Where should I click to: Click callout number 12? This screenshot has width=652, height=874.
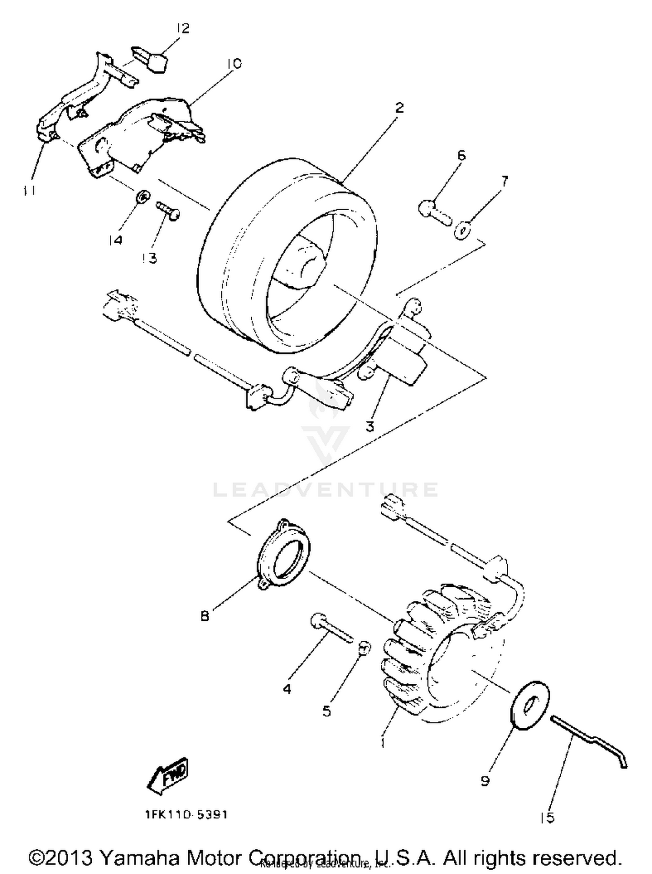183,29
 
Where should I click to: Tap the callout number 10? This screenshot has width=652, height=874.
233,64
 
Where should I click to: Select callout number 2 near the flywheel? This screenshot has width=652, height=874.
399,107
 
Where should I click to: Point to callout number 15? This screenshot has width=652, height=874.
547,818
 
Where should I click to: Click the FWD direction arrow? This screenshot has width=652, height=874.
169,775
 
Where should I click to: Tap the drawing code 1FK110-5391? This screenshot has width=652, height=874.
186,814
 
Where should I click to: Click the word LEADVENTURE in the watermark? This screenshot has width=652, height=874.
325,490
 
